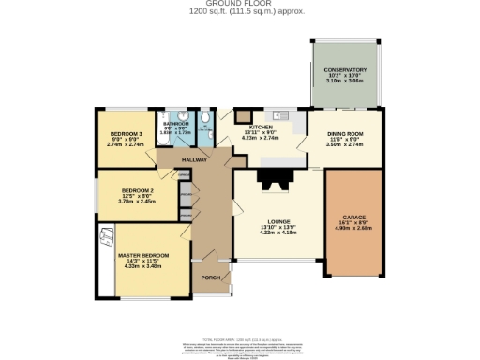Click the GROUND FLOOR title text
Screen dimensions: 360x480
pos(239,4)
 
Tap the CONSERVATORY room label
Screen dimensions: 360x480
pos(345,70)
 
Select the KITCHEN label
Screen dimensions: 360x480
pos(261,126)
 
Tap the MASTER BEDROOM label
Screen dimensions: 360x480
pos(143,255)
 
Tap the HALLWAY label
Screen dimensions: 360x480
pos(194,160)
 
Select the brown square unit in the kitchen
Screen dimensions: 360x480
pos(243,115)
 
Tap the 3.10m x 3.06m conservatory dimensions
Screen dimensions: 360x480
pos(345,82)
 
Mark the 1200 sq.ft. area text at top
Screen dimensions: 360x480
pos(239,11)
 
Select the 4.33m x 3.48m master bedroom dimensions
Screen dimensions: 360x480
pos(143,267)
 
